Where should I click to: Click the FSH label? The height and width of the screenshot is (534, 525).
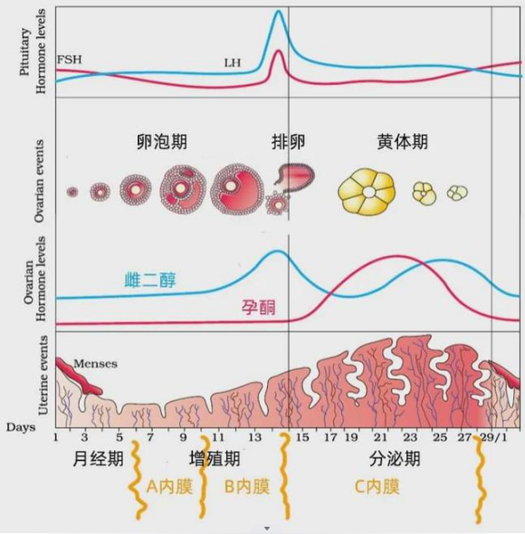(x=70, y=60)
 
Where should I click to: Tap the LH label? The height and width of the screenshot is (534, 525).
(x=233, y=62)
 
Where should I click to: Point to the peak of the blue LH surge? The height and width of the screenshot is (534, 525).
(x=279, y=11)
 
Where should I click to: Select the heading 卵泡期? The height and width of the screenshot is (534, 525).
(x=162, y=141)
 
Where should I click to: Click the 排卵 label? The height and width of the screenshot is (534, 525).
(x=288, y=141)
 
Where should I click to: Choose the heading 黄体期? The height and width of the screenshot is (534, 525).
(x=403, y=141)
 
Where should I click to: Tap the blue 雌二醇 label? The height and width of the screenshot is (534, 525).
(x=150, y=281)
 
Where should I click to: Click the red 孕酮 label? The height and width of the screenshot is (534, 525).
(x=259, y=307)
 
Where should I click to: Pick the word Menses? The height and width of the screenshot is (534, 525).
(x=95, y=364)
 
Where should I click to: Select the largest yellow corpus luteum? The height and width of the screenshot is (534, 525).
(x=367, y=193)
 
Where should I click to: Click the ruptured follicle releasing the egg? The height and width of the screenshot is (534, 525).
(x=295, y=176)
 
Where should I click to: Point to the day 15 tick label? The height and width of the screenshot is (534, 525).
(x=301, y=437)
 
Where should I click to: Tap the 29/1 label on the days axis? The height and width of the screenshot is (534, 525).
(x=493, y=437)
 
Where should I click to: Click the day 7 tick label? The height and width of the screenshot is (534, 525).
(x=150, y=437)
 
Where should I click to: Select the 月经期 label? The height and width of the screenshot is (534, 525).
(x=98, y=458)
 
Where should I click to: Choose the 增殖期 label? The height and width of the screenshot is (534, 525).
(x=215, y=458)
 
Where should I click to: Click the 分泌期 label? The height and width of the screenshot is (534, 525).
(x=395, y=458)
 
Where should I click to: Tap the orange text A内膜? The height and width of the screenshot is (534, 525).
(x=169, y=487)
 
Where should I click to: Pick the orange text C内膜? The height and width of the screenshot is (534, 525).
(x=377, y=487)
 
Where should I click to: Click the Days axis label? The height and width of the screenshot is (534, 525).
(x=21, y=427)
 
